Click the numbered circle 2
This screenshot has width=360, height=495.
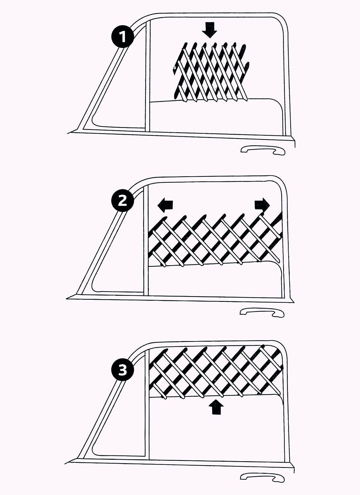click(x=122, y=201)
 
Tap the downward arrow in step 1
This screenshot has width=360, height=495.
click(x=209, y=30)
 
